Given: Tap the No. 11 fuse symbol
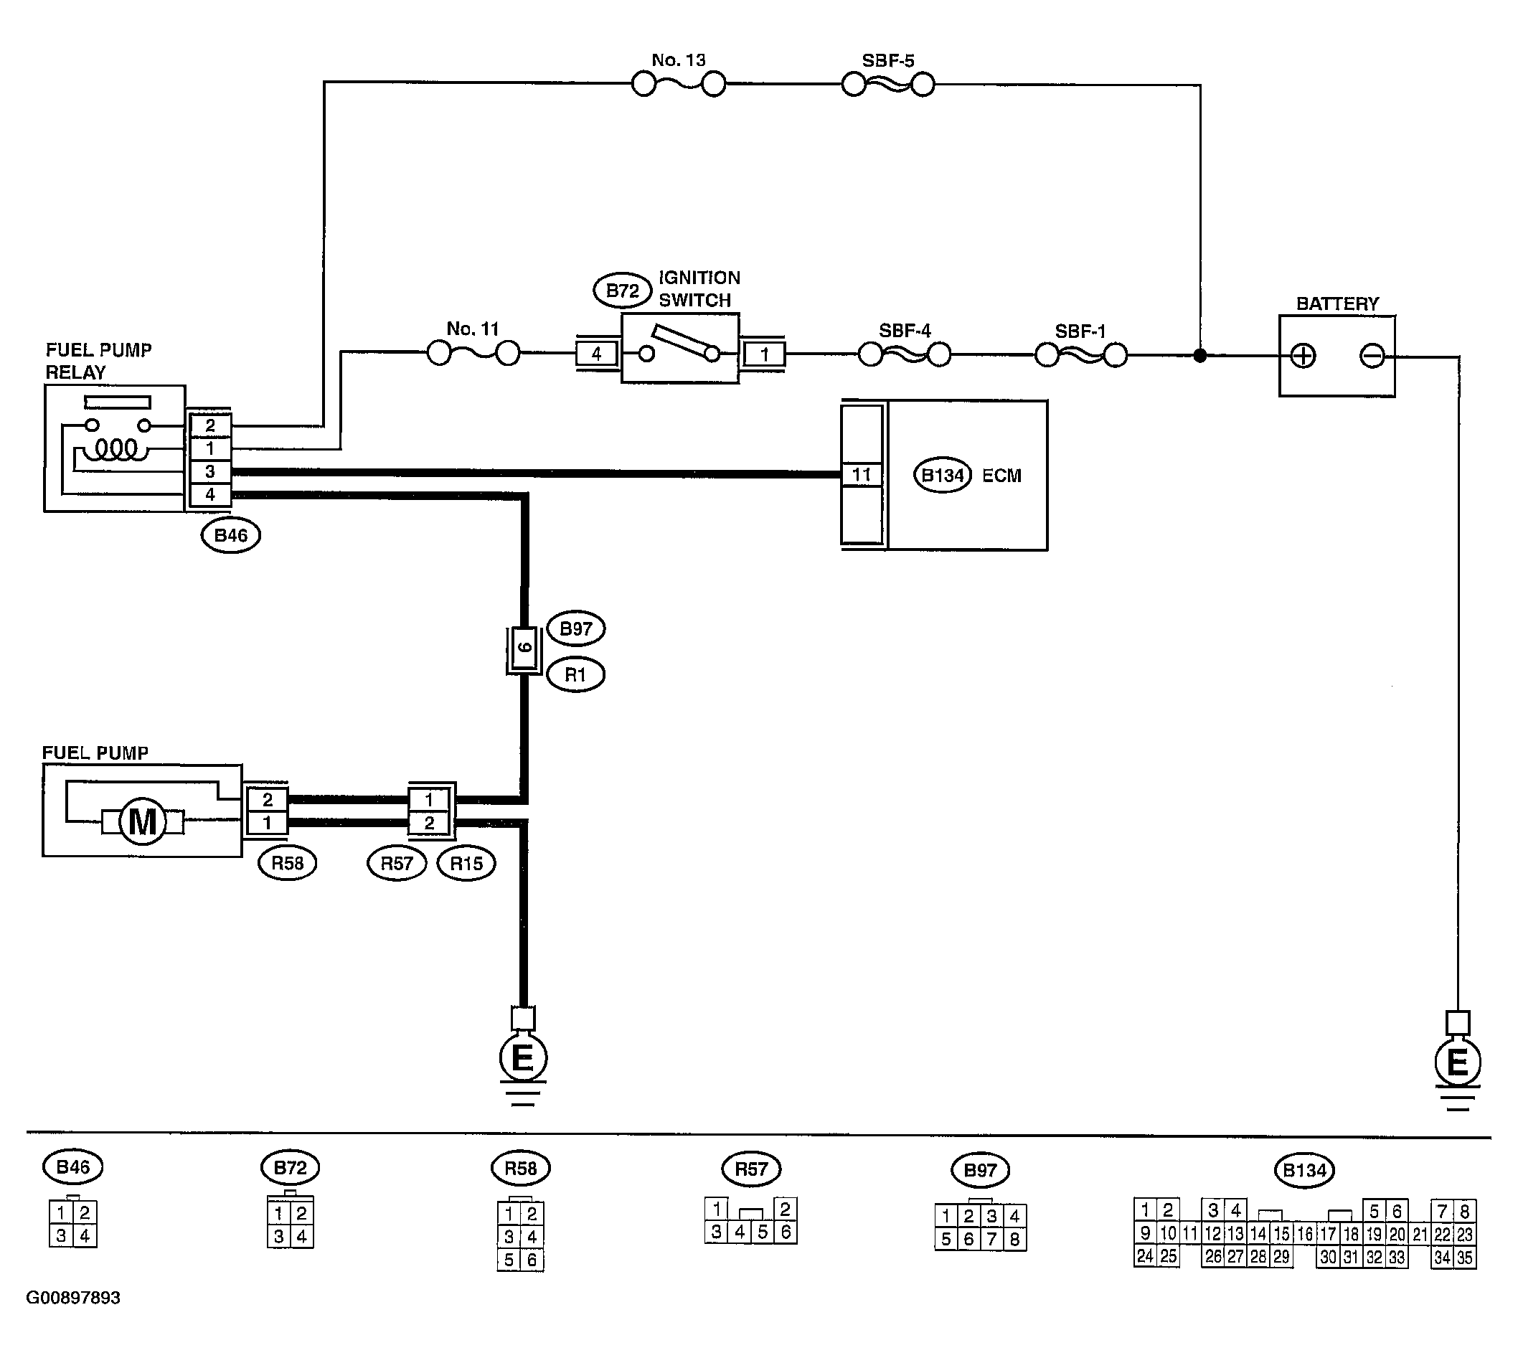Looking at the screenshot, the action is point(473,353).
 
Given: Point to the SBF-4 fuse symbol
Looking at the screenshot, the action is point(905,354).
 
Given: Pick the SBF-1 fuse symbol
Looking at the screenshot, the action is point(1080,355).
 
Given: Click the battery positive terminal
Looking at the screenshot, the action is point(1303,356).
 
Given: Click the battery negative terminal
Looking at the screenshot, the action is point(1372,356).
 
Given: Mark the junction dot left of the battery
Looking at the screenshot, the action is point(1200,355).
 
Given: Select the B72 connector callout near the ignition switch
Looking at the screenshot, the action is point(622,291).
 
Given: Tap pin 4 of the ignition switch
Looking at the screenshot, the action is point(596,354).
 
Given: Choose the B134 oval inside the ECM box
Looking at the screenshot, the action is point(943,476).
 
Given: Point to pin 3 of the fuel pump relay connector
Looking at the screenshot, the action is point(209,471).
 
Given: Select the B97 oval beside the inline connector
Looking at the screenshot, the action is point(576,628).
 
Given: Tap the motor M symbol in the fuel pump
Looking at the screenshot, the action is point(143,821).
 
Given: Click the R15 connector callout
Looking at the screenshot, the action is point(466,863).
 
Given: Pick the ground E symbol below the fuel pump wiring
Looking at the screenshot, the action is point(522,1057).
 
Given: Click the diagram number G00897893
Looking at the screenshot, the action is point(73,1298).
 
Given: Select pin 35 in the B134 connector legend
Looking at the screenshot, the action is point(1464,1258).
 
